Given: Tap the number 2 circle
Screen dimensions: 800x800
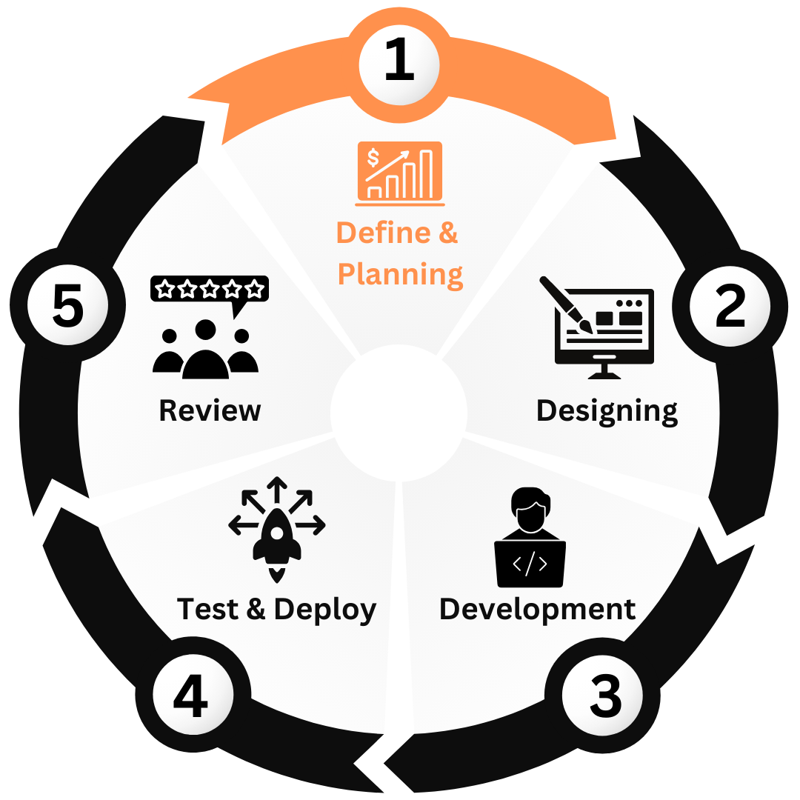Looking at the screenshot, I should [x=730, y=306].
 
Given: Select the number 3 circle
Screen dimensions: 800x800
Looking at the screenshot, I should [x=605, y=696].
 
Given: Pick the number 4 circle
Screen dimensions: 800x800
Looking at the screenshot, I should [x=191, y=696].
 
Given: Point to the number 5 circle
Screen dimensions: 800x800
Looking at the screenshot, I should [x=67, y=306].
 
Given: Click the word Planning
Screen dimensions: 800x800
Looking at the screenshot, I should [x=400, y=274].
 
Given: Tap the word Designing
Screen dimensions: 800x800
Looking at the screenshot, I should [x=607, y=410].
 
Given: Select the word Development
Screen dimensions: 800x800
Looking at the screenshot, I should [x=537, y=609].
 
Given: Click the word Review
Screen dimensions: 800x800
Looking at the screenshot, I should [x=210, y=410].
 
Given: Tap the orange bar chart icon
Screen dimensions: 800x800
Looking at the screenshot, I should [x=400, y=173].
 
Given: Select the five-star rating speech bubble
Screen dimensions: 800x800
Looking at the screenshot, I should [x=210, y=289].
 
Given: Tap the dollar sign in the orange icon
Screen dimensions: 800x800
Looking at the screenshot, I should [x=373, y=157].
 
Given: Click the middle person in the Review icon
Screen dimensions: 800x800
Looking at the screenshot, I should [x=205, y=352].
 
